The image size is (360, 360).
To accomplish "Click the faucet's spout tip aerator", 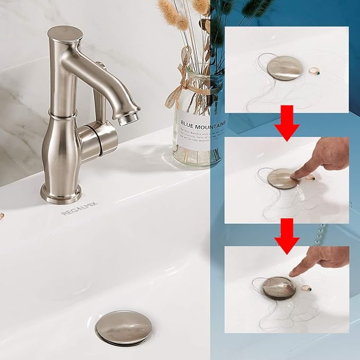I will tap(128, 119).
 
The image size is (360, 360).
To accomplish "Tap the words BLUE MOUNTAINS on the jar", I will tap(205, 124).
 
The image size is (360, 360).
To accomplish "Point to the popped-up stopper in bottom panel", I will tap(279, 287).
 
